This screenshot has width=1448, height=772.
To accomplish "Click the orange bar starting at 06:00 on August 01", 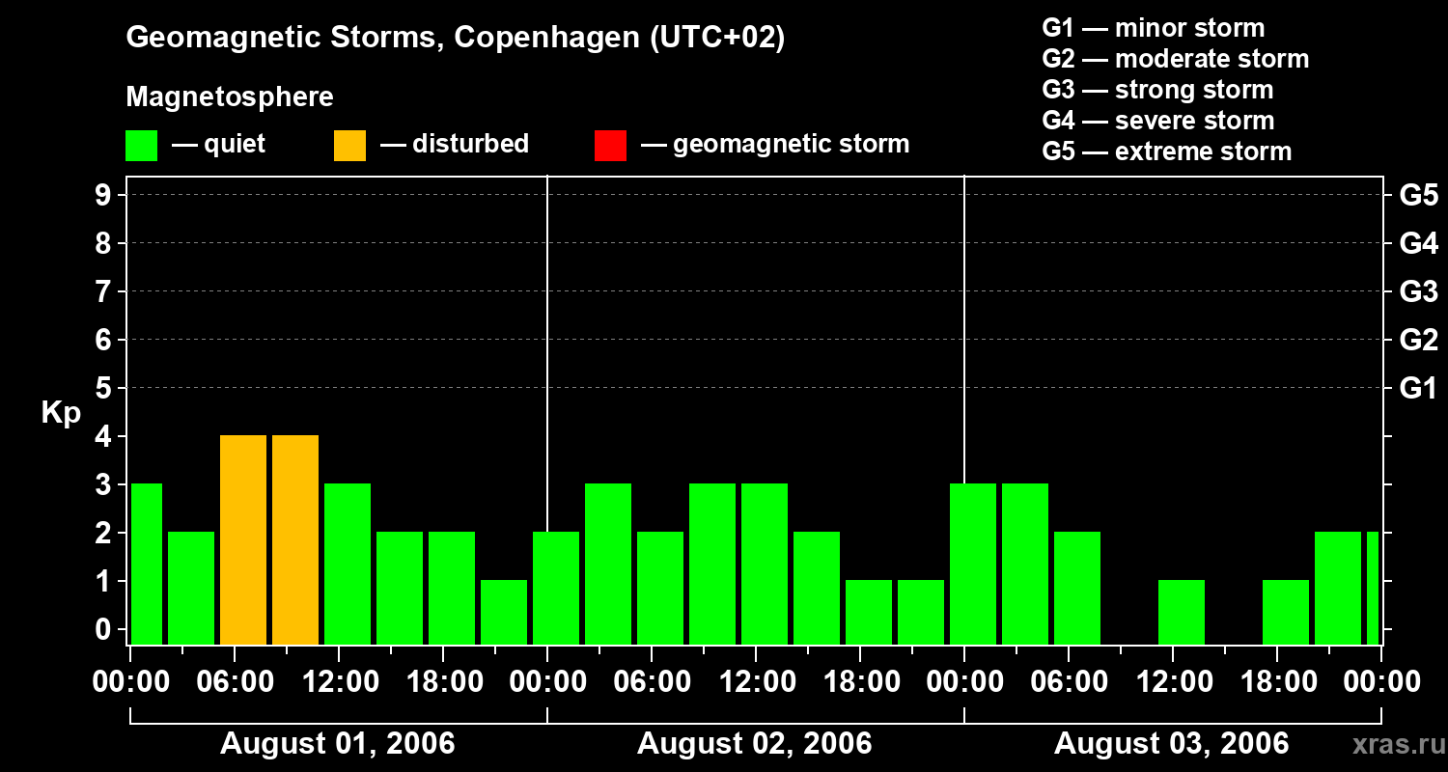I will tap(243, 539).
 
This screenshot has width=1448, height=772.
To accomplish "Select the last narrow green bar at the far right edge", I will tap(1373, 588).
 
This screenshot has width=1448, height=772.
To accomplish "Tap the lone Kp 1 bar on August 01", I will tap(504, 612).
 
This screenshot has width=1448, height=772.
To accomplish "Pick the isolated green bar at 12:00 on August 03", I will tap(1182, 612).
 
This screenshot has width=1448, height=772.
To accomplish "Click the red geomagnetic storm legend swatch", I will tap(610, 146).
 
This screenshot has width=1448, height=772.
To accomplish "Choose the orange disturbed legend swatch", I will tap(349, 146).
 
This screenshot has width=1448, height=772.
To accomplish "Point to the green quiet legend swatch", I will tap(141, 146).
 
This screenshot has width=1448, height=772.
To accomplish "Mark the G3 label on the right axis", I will tap(1418, 291).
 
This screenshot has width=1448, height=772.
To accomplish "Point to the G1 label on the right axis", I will tap(1418, 388).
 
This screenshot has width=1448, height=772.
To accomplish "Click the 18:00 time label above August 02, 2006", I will tap(860, 682).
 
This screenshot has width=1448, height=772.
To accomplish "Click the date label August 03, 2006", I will tap(1171, 743).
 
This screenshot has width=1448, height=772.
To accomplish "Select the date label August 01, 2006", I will tap(338, 743).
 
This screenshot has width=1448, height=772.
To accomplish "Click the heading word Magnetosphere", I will tap(230, 97).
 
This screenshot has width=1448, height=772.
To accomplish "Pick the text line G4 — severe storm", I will tap(1158, 121).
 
